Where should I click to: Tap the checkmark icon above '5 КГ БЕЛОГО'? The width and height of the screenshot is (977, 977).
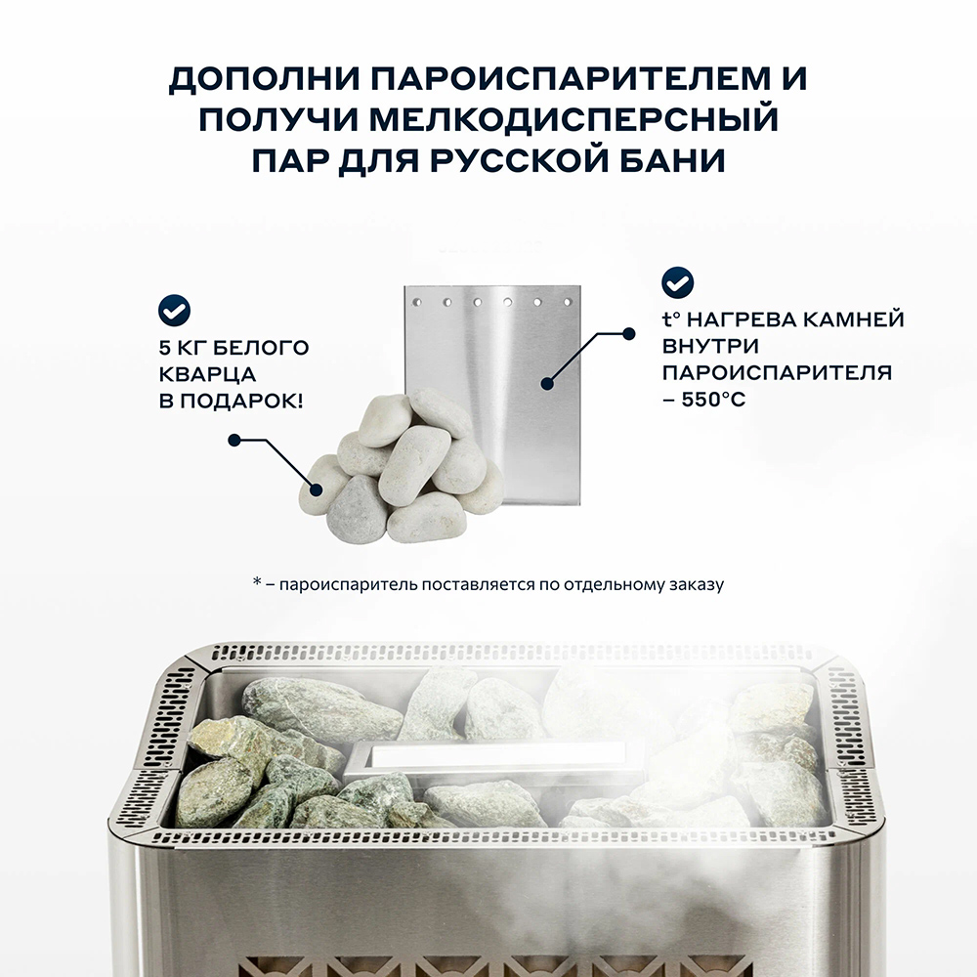click(x=175, y=312)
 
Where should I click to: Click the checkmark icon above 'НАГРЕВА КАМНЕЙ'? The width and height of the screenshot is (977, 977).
click(x=678, y=282)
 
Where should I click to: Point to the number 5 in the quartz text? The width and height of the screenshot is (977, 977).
click(x=164, y=347)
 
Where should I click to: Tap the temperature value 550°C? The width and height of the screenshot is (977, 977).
click(x=713, y=400)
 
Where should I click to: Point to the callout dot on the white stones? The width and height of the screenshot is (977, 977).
click(x=234, y=440)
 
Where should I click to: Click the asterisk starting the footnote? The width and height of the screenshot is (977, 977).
click(x=257, y=583)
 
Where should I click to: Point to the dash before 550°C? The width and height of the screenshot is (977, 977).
click(x=668, y=400)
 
